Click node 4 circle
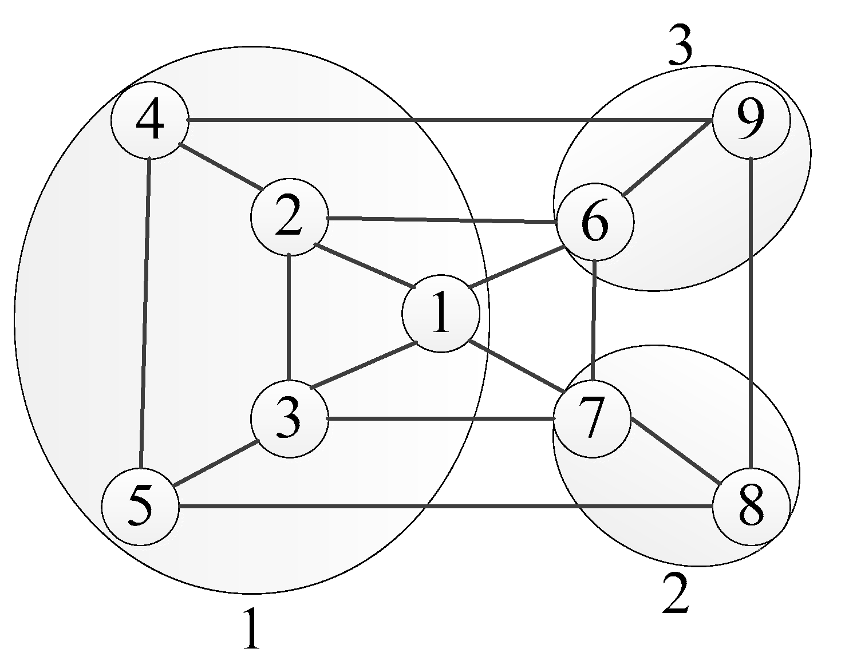(x=149, y=121)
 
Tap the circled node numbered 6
(x=595, y=222)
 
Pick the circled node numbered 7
(x=592, y=418)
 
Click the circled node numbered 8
(x=751, y=507)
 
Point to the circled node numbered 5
(x=140, y=507)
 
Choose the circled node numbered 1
(x=441, y=313)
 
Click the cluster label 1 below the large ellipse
(x=251, y=628)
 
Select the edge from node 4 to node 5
(x=145, y=309)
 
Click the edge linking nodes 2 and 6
(x=441, y=220)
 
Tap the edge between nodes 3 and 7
(x=441, y=419)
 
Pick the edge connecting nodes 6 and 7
(x=594, y=321)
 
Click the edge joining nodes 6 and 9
(x=667, y=159)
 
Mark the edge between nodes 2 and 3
(x=289, y=317)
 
